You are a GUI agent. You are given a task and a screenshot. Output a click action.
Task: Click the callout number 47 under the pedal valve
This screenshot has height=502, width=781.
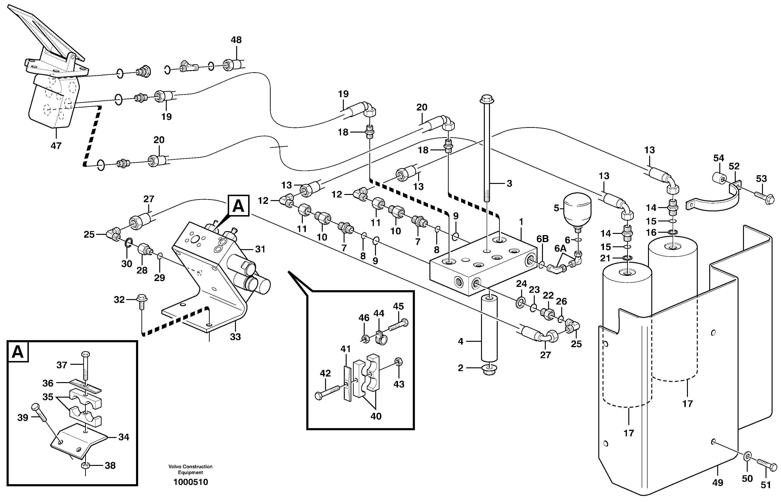(56, 146)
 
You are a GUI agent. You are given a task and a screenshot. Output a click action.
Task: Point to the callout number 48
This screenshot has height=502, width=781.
(236, 40)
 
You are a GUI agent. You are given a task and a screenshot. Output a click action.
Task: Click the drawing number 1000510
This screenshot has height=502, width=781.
(191, 482)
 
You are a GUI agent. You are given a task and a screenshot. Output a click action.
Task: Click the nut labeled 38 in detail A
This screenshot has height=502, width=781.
(85, 465)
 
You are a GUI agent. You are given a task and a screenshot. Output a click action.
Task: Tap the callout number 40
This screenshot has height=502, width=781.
(376, 416)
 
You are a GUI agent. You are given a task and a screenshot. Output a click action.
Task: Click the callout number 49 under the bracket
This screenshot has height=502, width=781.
(718, 483)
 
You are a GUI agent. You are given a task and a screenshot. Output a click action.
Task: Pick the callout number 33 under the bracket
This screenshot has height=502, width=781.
(235, 337)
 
